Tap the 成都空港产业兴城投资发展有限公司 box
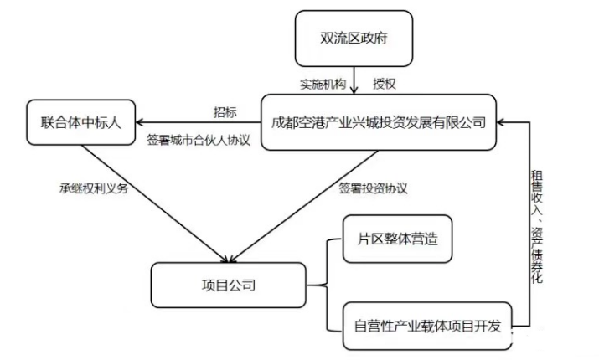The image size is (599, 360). (x=379, y=122)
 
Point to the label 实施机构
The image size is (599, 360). (x=323, y=85)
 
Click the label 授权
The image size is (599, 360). (x=385, y=85)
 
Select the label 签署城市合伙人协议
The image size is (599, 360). (x=199, y=139)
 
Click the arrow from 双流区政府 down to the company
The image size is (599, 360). (x=354, y=81)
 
